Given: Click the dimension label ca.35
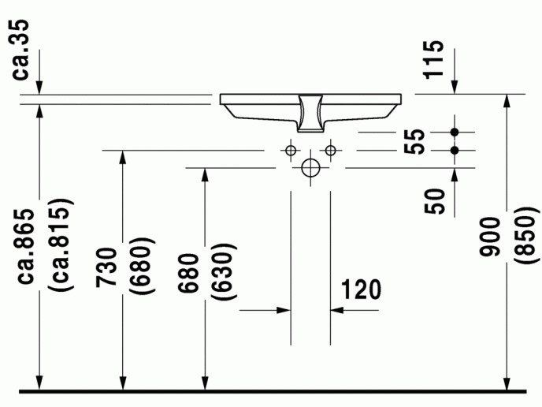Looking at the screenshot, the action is (20, 50).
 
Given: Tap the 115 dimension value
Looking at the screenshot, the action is (434, 60).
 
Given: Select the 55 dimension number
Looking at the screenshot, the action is (414, 141).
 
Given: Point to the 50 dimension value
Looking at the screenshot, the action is (435, 201).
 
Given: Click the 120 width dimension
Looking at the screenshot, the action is (362, 289).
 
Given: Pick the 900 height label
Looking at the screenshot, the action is (490, 237).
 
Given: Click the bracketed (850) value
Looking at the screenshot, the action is (527, 235).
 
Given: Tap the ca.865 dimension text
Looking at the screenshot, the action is (25, 247).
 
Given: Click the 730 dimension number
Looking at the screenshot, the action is (106, 267).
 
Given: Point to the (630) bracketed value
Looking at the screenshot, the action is (224, 271).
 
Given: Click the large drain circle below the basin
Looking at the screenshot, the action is (310, 168).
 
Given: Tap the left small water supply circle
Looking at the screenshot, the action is (291, 151).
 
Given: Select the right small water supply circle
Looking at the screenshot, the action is (330, 151).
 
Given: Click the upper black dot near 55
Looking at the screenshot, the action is (455, 132).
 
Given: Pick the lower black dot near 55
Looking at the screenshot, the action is (455, 150).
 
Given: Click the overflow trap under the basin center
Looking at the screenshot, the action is (310, 114).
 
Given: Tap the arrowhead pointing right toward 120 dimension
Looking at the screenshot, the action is (284, 310).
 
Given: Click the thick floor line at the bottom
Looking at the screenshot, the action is (273, 391).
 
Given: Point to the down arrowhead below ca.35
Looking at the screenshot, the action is (39, 88).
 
